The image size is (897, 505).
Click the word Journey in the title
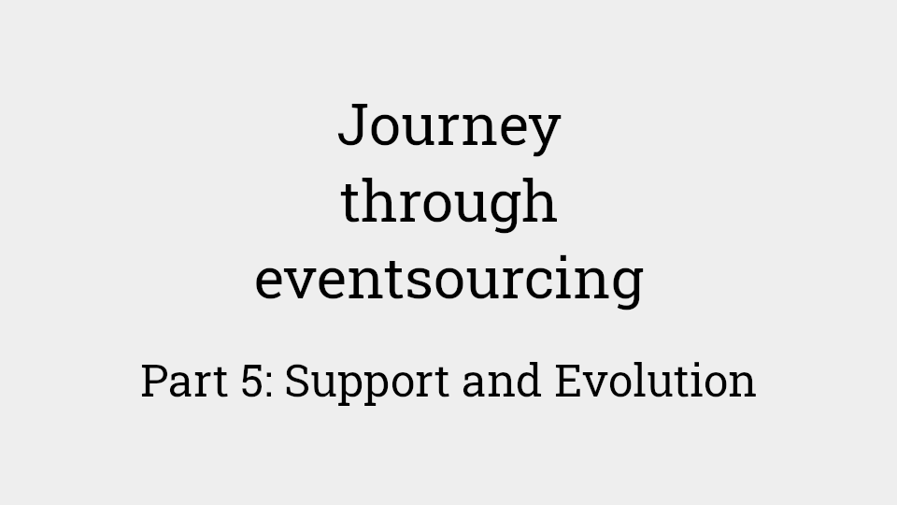(x=449, y=128)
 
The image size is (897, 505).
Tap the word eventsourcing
(x=449, y=279)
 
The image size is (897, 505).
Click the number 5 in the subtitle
(x=252, y=381)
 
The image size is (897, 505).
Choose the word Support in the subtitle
(x=366, y=383)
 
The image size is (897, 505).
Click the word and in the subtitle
(x=502, y=380)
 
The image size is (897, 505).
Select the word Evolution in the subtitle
(x=656, y=380)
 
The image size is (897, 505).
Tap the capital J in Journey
(x=352, y=124)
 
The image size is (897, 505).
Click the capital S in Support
(x=299, y=381)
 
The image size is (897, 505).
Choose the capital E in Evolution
(x=568, y=381)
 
